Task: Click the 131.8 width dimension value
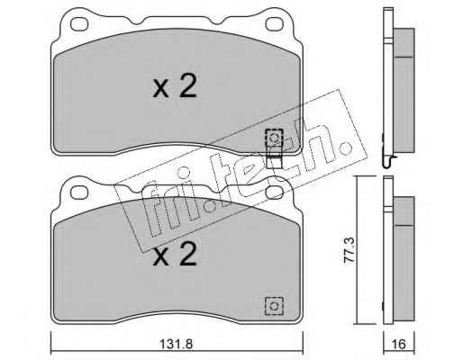pos(176,344)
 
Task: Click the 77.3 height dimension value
pos(350,250)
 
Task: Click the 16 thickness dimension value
pos(399,344)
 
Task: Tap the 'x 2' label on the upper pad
pos(175,86)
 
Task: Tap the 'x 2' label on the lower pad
pos(175,254)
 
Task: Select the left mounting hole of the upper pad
pos(79,24)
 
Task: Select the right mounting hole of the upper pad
pos(275,24)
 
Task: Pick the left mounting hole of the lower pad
pos(79,193)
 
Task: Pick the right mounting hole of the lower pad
pos(275,193)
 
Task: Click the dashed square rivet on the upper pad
pos(274,138)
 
